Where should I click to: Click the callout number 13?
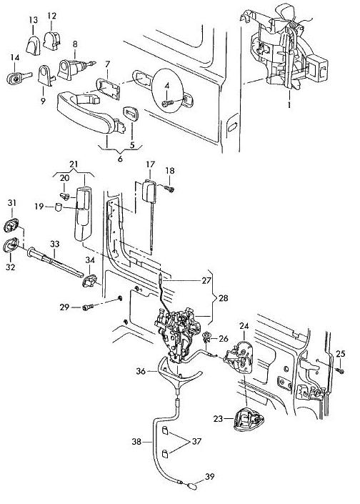(33, 20)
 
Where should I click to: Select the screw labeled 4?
(168, 104)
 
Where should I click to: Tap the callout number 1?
(289, 105)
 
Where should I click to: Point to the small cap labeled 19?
(59, 207)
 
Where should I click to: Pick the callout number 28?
(223, 298)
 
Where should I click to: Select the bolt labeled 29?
(87, 307)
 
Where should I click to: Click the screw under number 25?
(341, 370)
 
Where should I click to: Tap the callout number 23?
(218, 419)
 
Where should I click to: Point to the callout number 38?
(136, 442)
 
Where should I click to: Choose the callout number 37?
(196, 441)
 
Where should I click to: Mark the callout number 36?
(141, 371)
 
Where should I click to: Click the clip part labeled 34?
(89, 281)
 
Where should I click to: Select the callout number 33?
(54, 244)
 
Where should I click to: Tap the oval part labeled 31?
(11, 225)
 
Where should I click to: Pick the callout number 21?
(74, 164)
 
